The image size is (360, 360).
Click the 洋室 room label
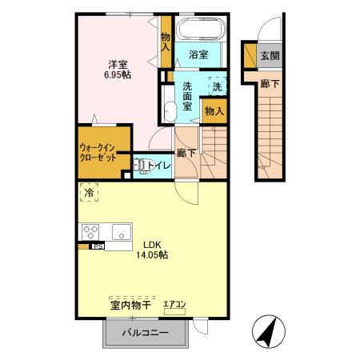tap(119, 62)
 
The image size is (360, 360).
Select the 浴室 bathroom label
tap(198, 54)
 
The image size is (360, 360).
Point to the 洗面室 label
tap(186, 96)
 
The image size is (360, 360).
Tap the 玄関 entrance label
tap(270, 56)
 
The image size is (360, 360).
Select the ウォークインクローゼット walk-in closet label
tap(98, 153)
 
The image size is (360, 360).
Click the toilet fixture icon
tap(143, 166)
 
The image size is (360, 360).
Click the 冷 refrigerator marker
tap(90, 193)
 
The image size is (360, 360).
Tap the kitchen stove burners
tap(90, 233)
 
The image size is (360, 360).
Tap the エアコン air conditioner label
tap(174, 304)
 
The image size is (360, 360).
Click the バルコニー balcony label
tap(145, 333)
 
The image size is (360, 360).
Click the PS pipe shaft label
tap(97, 247)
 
